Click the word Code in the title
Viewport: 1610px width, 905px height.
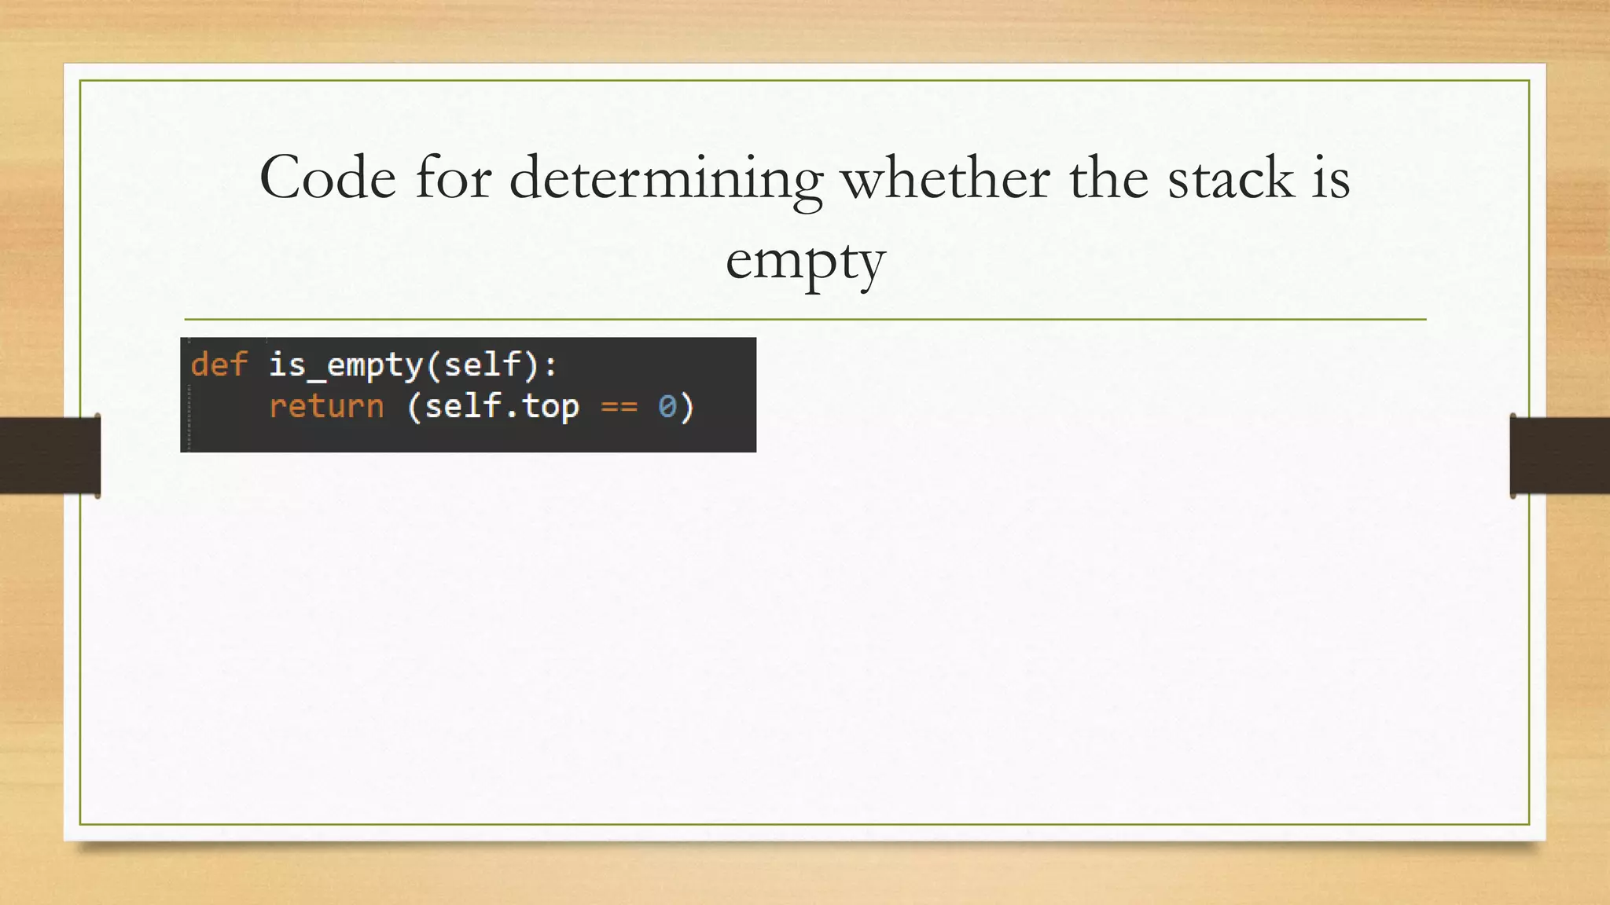[328, 178]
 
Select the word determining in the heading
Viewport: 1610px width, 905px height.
[666, 179]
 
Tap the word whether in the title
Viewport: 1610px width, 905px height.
[946, 178]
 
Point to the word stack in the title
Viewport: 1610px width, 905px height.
[1230, 178]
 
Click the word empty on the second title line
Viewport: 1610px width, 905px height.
[805, 262]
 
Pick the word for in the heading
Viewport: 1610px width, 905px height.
[454, 178]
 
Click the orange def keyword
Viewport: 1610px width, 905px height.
[219, 365]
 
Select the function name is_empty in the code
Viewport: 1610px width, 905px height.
[346, 365]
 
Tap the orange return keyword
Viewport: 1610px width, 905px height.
[326, 406]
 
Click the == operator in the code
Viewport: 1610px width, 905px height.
[619, 407]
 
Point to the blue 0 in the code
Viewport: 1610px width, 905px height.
[667, 407]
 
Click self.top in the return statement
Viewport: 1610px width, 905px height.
[502, 406]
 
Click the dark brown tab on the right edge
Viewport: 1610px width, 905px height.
[1560, 456]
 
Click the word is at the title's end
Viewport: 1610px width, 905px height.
[1330, 178]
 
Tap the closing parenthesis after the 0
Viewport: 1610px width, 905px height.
[687, 407]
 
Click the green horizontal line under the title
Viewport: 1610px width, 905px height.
[805, 320]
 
